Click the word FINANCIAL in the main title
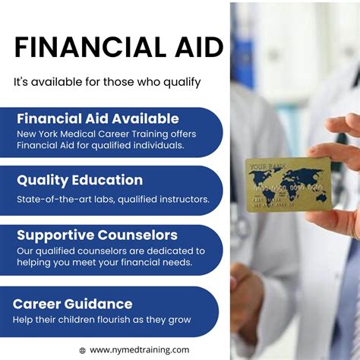pos(84,48)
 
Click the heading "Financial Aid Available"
pos(98,118)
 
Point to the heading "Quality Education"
pos(80,180)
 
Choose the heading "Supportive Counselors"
pos(97,235)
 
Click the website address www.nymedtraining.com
pos(140,350)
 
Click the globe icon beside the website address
pos(82,350)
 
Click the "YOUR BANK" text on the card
pos(265,166)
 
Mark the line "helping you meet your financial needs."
pos(105,263)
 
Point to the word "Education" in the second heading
pos(108,180)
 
